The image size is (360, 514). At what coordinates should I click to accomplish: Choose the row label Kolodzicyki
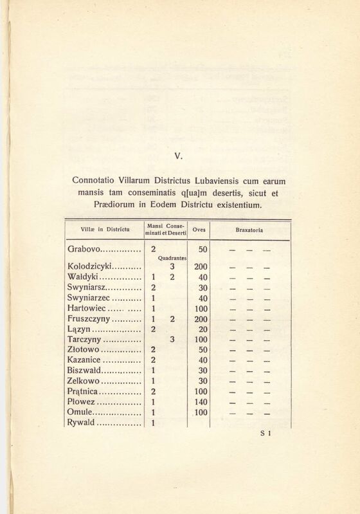pyautogui.click(x=90, y=267)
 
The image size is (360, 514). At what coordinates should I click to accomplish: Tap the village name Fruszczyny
pyautogui.click(x=89, y=319)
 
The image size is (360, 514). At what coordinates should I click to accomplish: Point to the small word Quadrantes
pyautogui.click(x=172, y=258)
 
